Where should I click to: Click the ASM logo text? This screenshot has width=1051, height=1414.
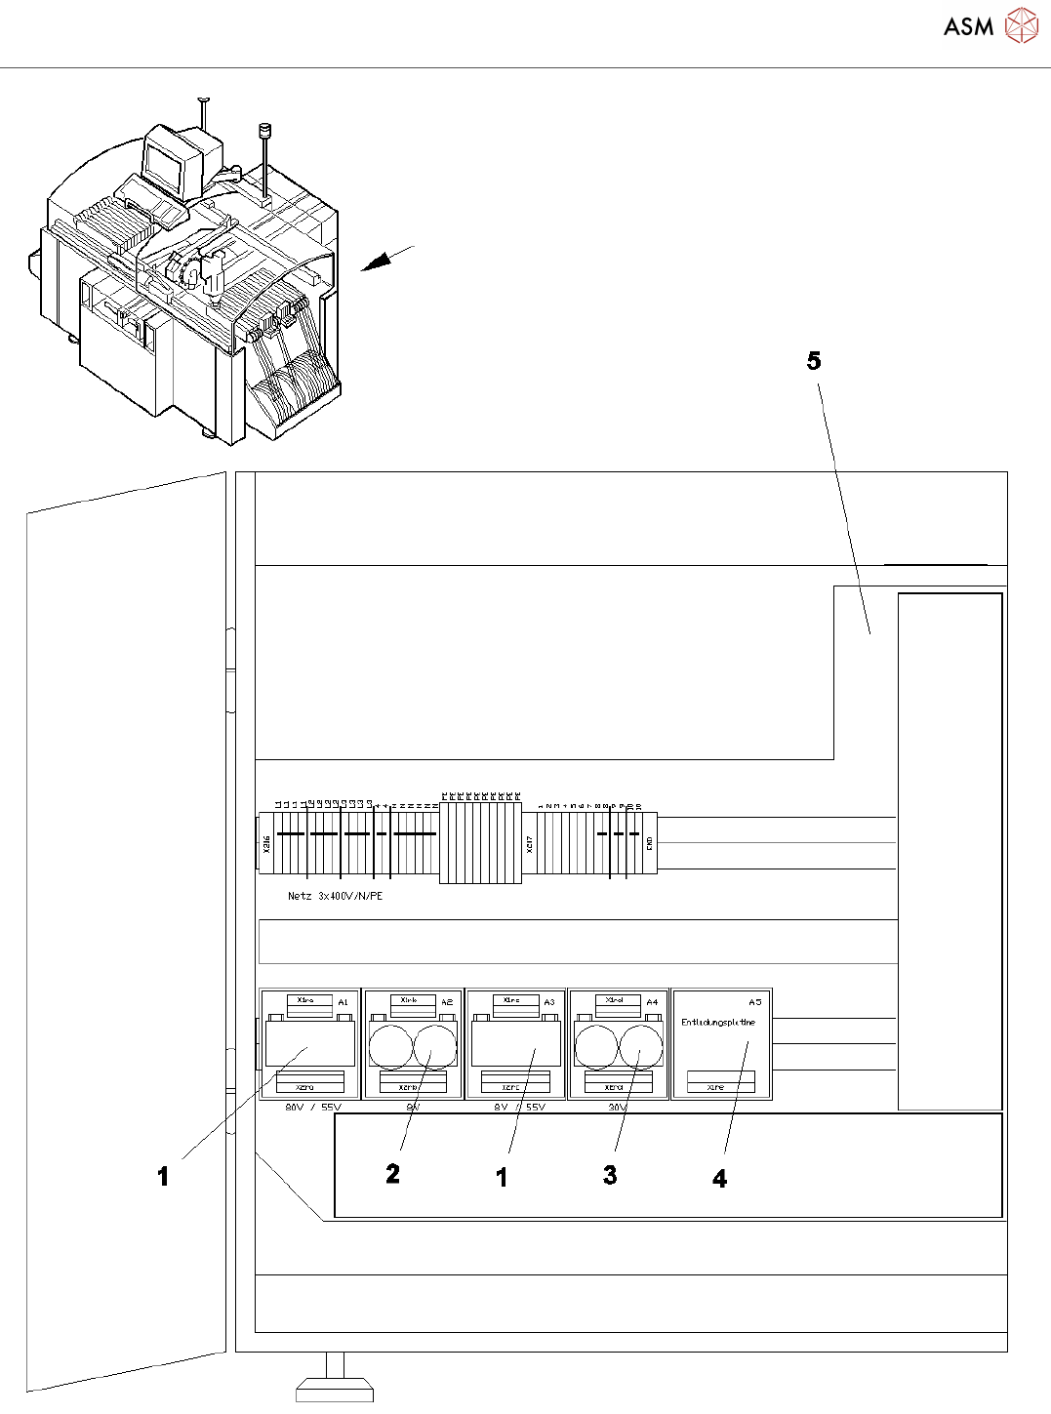tap(968, 26)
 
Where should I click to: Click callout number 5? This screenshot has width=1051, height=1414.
tap(814, 361)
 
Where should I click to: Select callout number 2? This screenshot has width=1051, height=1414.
tap(392, 1174)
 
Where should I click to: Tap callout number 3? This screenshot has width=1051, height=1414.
tap(610, 1175)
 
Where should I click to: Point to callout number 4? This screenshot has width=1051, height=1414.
tap(719, 1179)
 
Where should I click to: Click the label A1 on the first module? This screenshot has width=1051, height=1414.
tap(343, 1002)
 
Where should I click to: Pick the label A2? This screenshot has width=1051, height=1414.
tap(447, 1002)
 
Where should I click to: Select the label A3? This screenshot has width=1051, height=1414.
tap(549, 1002)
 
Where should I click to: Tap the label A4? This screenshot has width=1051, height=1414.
tap(652, 1002)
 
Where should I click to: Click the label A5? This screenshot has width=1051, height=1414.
tap(754, 1002)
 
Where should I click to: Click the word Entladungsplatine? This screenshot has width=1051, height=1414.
tap(717, 1023)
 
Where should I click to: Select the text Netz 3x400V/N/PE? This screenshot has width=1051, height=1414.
tap(335, 896)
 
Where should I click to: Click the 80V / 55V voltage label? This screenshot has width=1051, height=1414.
tap(313, 1108)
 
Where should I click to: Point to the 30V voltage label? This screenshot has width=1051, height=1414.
tap(617, 1108)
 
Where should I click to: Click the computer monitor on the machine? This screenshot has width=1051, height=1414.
tap(165, 163)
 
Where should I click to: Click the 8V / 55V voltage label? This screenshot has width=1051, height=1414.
tap(519, 1108)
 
